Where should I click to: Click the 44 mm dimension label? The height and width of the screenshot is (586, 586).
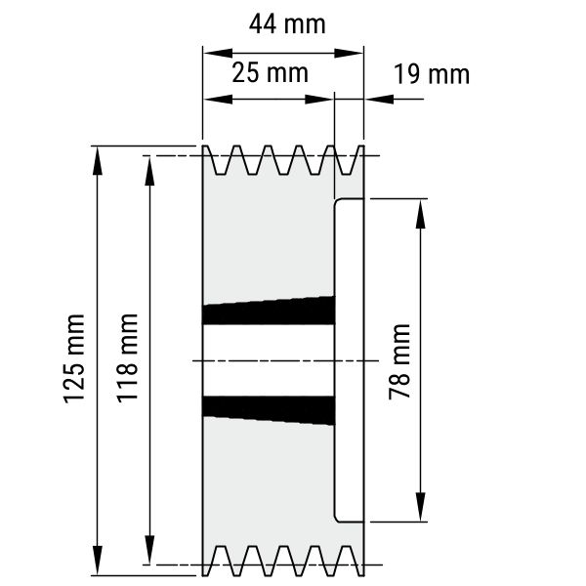[x=287, y=24]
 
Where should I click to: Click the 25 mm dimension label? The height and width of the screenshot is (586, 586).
[x=270, y=72]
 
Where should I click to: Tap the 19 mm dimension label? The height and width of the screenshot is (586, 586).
[x=432, y=74]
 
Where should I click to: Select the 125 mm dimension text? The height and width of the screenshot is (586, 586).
[x=74, y=358]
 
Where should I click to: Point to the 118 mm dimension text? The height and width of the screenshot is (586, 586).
[x=127, y=358]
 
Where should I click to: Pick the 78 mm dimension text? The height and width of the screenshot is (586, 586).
[x=399, y=361]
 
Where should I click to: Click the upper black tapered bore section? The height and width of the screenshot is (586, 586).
[x=269, y=311]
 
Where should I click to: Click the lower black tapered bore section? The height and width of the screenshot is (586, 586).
[x=269, y=410]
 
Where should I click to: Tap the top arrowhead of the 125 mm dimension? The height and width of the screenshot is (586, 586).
[x=97, y=161]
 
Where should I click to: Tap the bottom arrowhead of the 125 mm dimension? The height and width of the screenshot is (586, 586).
[x=97, y=560]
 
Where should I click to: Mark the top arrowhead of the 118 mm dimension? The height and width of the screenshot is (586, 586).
[x=149, y=171]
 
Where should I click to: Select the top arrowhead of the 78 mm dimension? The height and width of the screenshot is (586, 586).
[x=420, y=214]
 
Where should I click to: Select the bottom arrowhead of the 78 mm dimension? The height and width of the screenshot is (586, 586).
[x=420, y=506]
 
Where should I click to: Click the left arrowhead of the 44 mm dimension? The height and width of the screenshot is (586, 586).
[x=218, y=53]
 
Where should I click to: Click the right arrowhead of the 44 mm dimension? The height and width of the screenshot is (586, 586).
[x=349, y=53]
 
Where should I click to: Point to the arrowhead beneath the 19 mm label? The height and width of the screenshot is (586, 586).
[x=380, y=99]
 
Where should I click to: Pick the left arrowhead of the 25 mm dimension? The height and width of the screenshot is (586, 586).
[x=218, y=99]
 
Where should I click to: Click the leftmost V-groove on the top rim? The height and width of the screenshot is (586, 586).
[x=220, y=161]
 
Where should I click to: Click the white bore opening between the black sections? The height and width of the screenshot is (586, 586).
[x=268, y=360]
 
